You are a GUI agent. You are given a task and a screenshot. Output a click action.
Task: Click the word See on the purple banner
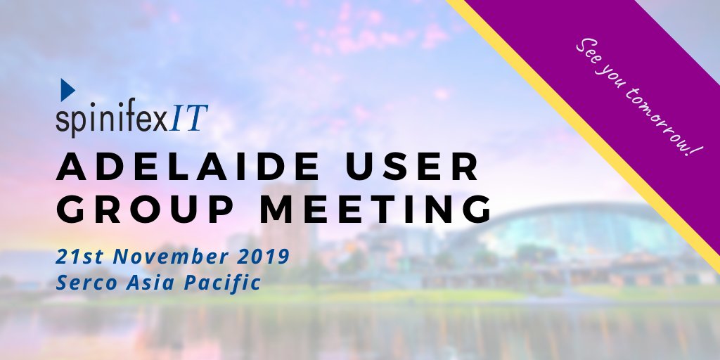[x=589, y=53]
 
